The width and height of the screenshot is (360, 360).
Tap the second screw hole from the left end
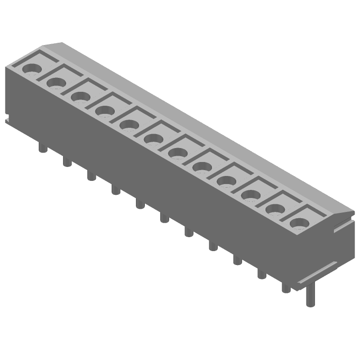click(56, 82)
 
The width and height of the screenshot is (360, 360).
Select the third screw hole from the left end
click(80, 96)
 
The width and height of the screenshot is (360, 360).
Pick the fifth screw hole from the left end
click(129, 125)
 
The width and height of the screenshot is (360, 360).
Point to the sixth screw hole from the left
click(153, 139)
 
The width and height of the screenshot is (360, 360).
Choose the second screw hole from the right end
click(274, 209)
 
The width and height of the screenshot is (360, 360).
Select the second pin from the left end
click(67, 161)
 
